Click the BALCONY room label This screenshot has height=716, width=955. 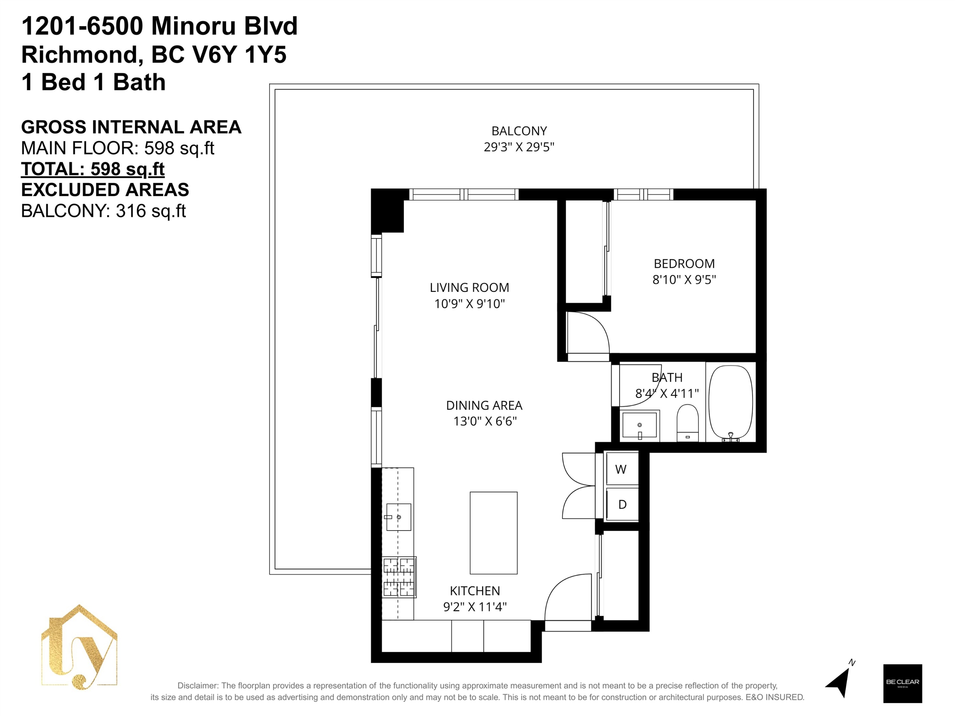[519, 131]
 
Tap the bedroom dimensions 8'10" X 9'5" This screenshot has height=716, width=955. [684, 280]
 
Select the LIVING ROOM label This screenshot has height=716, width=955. [469, 287]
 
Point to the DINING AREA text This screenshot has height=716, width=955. [484, 405]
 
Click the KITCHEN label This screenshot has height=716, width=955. [475, 591]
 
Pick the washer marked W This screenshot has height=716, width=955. [622, 468]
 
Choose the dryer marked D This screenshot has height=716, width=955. [622, 504]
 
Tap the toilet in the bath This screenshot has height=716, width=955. [687, 423]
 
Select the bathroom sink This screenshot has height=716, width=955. [640, 425]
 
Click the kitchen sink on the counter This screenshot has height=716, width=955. [398, 516]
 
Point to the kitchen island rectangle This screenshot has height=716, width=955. [493, 533]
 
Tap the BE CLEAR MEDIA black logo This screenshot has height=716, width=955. [902, 684]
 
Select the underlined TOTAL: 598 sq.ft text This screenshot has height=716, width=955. [93, 169]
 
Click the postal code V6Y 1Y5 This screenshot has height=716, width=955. [239, 54]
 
